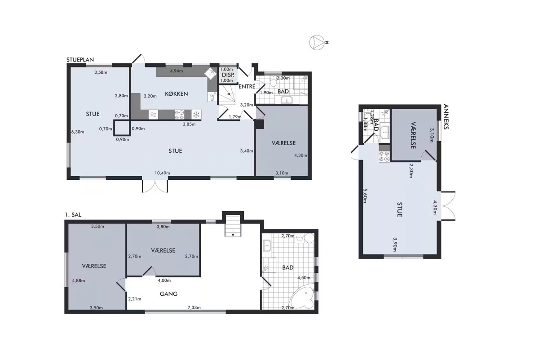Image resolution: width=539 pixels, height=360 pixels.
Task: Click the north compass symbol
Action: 317,43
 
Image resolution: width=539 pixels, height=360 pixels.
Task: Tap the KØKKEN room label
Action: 177,94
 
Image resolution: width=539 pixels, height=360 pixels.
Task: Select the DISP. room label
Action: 228,75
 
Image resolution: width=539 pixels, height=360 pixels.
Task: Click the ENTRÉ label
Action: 247,86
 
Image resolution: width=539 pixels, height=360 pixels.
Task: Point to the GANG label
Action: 169,294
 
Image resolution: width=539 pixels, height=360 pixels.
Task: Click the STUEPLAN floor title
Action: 80,60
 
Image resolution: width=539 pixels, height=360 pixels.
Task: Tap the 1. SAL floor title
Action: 73,215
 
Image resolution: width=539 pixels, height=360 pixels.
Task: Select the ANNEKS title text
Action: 446,116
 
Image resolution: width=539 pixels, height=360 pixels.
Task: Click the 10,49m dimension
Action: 162,173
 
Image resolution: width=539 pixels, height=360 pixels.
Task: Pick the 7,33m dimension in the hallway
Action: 194,307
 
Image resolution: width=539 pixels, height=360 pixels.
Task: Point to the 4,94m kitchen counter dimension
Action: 177,71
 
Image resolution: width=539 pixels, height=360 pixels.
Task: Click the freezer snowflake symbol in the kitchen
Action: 196,114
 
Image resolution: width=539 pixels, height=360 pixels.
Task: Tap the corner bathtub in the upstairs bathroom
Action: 303,298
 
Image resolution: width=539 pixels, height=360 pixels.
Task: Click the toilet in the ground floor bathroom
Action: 273,81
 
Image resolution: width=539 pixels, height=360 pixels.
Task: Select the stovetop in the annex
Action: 384,156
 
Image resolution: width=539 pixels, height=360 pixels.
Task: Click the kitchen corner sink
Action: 211,73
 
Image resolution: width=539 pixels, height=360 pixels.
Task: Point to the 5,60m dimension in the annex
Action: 365,196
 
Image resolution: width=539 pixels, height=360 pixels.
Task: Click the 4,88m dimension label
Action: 79,280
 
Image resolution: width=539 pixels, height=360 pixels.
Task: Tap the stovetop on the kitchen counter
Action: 180,114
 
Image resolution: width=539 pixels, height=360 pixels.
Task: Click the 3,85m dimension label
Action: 189,124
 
